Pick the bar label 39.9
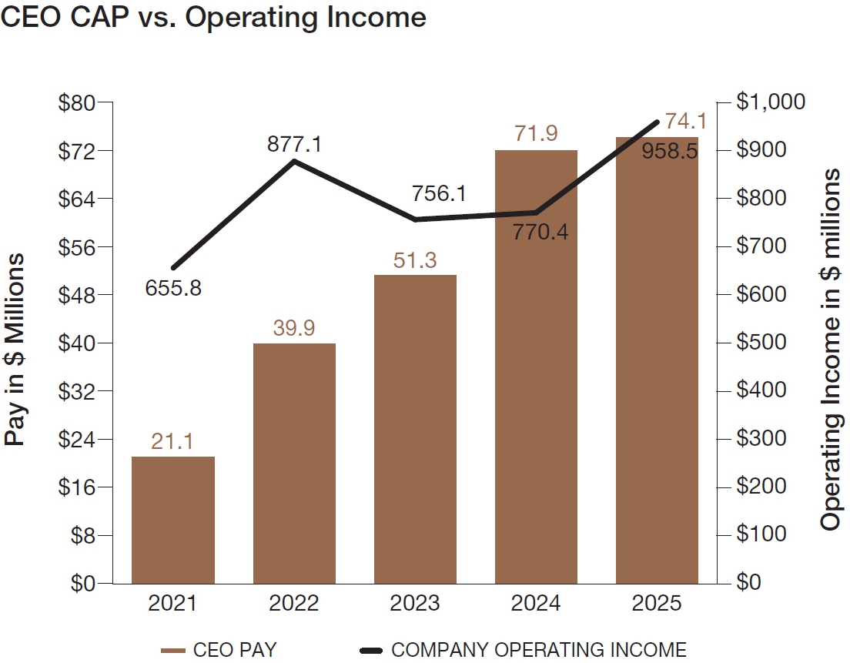[294, 328]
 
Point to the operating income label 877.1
[294, 144]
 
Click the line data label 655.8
[173, 289]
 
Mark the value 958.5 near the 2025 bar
[669, 151]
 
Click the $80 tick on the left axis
[75, 102]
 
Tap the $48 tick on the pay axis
[75, 295]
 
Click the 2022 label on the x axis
[294, 603]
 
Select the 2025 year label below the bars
[657, 603]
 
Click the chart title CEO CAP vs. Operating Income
[214, 17]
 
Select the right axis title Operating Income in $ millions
[830, 350]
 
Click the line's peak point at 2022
[294, 161]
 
